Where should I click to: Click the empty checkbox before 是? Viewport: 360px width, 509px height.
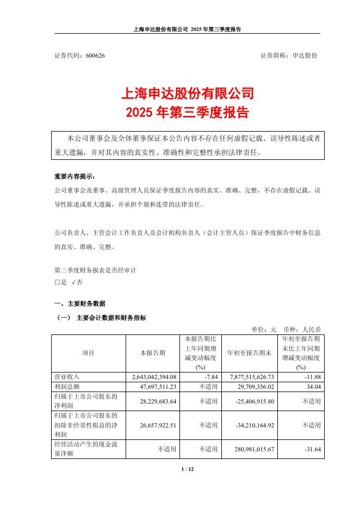(57, 283)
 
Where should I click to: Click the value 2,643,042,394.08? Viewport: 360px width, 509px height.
(155, 376)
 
